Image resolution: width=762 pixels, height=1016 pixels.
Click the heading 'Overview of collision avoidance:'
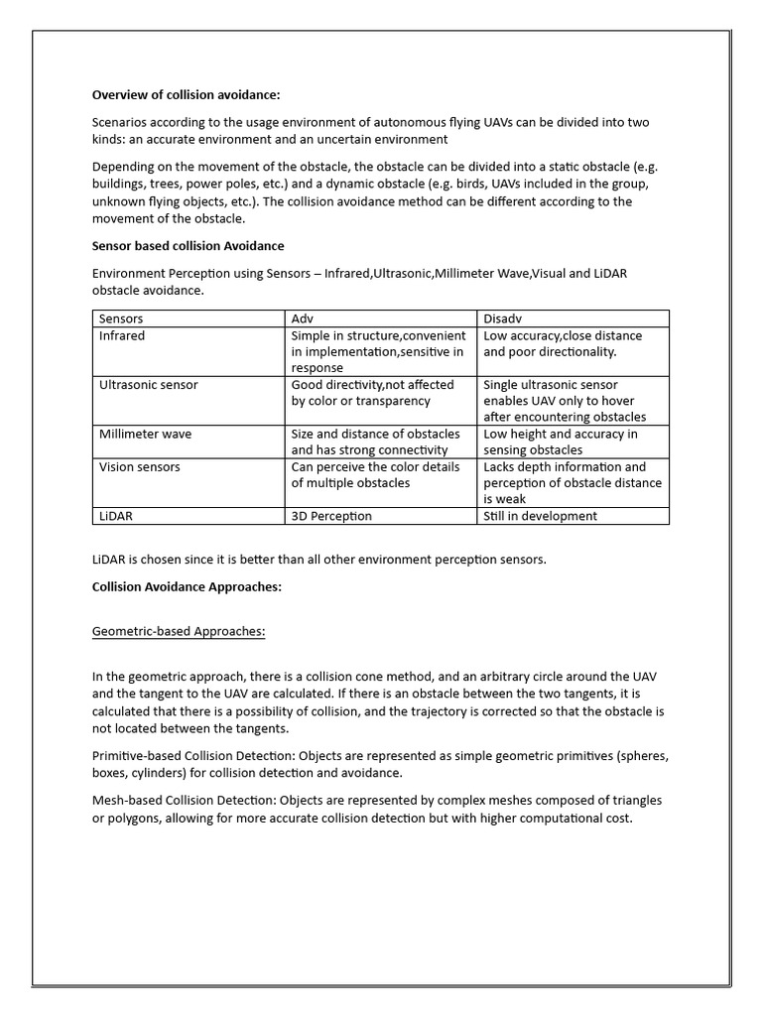pos(186,95)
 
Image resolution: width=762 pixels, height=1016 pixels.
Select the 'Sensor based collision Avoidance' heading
pos(189,245)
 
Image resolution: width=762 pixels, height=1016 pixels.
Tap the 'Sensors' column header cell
pos(121,318)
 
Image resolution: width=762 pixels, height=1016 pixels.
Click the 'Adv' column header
pos(302,318)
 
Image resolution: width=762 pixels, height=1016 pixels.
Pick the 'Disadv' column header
pos(503,318)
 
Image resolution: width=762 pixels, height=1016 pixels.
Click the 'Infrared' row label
pos(122,335)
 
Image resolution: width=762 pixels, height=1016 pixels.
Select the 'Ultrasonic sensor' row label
pos(148,384)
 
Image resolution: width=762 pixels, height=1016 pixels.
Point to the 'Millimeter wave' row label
pos(145,434)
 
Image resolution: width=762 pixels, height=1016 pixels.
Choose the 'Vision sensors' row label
pos(140,466)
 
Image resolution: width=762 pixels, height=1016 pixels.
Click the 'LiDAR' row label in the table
pos(115,516)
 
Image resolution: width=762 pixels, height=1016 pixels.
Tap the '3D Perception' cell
pos(331,516)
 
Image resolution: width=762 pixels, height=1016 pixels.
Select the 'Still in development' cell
pos(540,516)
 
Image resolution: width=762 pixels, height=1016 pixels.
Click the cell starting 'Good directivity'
pos(372,392)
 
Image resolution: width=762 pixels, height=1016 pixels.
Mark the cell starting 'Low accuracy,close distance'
pos(563,343)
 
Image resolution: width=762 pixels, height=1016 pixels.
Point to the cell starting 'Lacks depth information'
pos(571,482)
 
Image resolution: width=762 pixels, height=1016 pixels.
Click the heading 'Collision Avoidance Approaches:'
pos(188,586)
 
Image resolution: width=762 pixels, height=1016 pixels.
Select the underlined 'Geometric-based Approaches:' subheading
pos(179,631)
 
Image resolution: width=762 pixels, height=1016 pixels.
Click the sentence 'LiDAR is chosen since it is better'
pos(318,559)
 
